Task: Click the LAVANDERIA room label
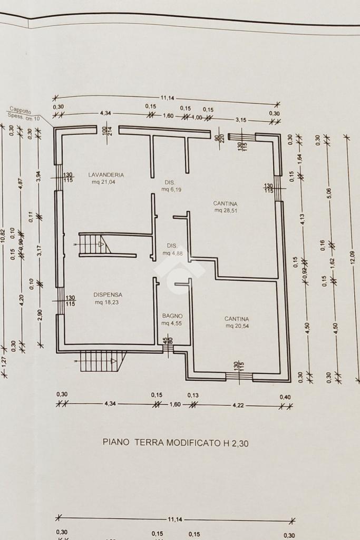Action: tap(106, 174)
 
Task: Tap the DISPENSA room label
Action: tap(108, 294)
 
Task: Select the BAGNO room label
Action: tap(172, 316)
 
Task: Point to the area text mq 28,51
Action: tap(226, 210)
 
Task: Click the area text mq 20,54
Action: tap(237, 326)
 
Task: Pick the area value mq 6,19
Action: tap(172, 190)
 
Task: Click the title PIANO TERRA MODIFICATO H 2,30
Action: tap(175, 443)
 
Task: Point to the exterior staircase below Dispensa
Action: tap(100, 361)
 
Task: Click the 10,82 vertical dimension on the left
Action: tap(3, 235)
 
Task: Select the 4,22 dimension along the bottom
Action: tap(236, 405)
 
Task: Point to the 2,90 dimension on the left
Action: tap(40, 317)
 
